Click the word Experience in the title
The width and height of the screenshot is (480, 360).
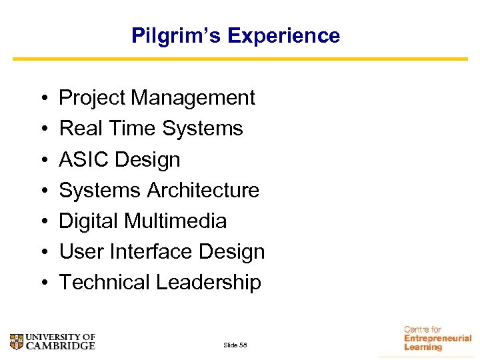pyautogui.click(x=283, y=35)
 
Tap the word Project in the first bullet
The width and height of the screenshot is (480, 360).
pyautogui.click(x=93, y=98)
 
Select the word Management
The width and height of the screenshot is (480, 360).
pyautogui.click(x=193, y=98)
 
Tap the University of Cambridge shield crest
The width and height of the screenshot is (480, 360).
pyautogui.click(x=17, y=341)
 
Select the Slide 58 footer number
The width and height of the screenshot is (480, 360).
pyautogui.click(x=235, y=345)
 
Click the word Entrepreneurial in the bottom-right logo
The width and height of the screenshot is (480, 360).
pyautogui.click(x=437, y=339)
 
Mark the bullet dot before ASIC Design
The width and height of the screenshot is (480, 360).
pyautogui.click(x=42, y=160)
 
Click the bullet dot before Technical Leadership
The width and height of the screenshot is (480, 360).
pyautogui.click(x=42, y=283)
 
